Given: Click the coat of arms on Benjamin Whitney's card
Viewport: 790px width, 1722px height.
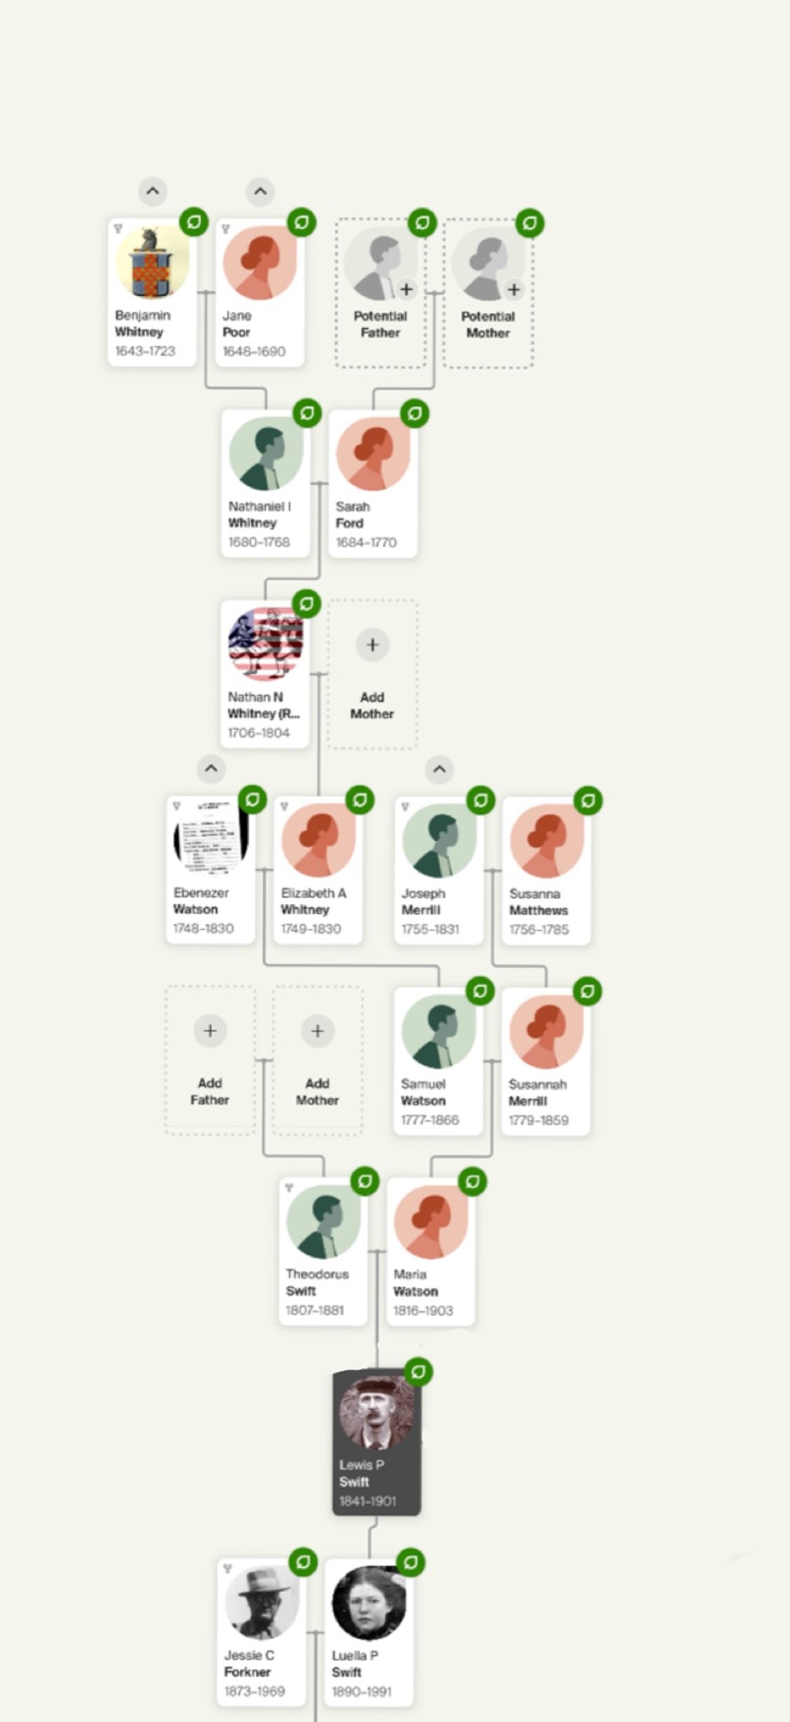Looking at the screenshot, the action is pyautogui.click(x=152, y=262).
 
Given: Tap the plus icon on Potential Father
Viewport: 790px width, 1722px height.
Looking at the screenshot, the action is pyautogui.click(x=406, y=289).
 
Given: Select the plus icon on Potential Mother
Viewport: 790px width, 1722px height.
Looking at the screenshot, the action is pyautogui.click(x=514, y=289).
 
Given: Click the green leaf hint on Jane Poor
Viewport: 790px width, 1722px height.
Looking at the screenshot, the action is pyautogui.click(x=302, y=222).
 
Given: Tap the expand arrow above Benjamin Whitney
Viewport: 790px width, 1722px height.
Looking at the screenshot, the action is pyautogui.click(x=152, y=191).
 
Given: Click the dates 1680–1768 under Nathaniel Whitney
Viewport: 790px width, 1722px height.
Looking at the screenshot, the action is pyautogui.click(x=259, y=542).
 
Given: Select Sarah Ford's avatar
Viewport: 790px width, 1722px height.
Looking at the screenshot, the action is pyautogui.click(x=372, y=453).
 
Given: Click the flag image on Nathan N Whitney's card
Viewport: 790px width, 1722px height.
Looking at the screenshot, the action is pyautogui.click(x=265, y=644).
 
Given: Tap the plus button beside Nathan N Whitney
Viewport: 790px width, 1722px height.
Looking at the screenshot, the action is pyautogui.click(x=372, y=644).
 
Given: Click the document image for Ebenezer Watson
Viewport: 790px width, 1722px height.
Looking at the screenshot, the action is pyautogui.click(x=211, y=836).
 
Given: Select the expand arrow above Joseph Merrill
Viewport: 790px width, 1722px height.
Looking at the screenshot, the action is pyautogui.click(x=440, y=769).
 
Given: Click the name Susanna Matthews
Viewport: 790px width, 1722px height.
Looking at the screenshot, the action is pyautogui.click(x=538, y=901).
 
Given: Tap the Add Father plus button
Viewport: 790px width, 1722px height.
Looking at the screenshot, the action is pyautogui.click(x=210, y=1031).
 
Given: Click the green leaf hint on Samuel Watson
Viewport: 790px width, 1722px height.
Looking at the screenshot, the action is pyautogui.click(x=480, y=991).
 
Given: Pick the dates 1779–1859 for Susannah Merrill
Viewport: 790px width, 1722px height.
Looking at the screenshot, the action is pyautogui.click(x=538, y=1120).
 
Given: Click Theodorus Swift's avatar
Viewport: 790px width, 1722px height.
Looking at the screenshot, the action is pyautogui.click(x=323, y=1221).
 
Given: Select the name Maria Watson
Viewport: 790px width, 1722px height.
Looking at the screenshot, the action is pyautogui.click(x=415, y=1282).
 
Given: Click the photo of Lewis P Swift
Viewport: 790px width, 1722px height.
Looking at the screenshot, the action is pyautogui.click(x=376, y=1412).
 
